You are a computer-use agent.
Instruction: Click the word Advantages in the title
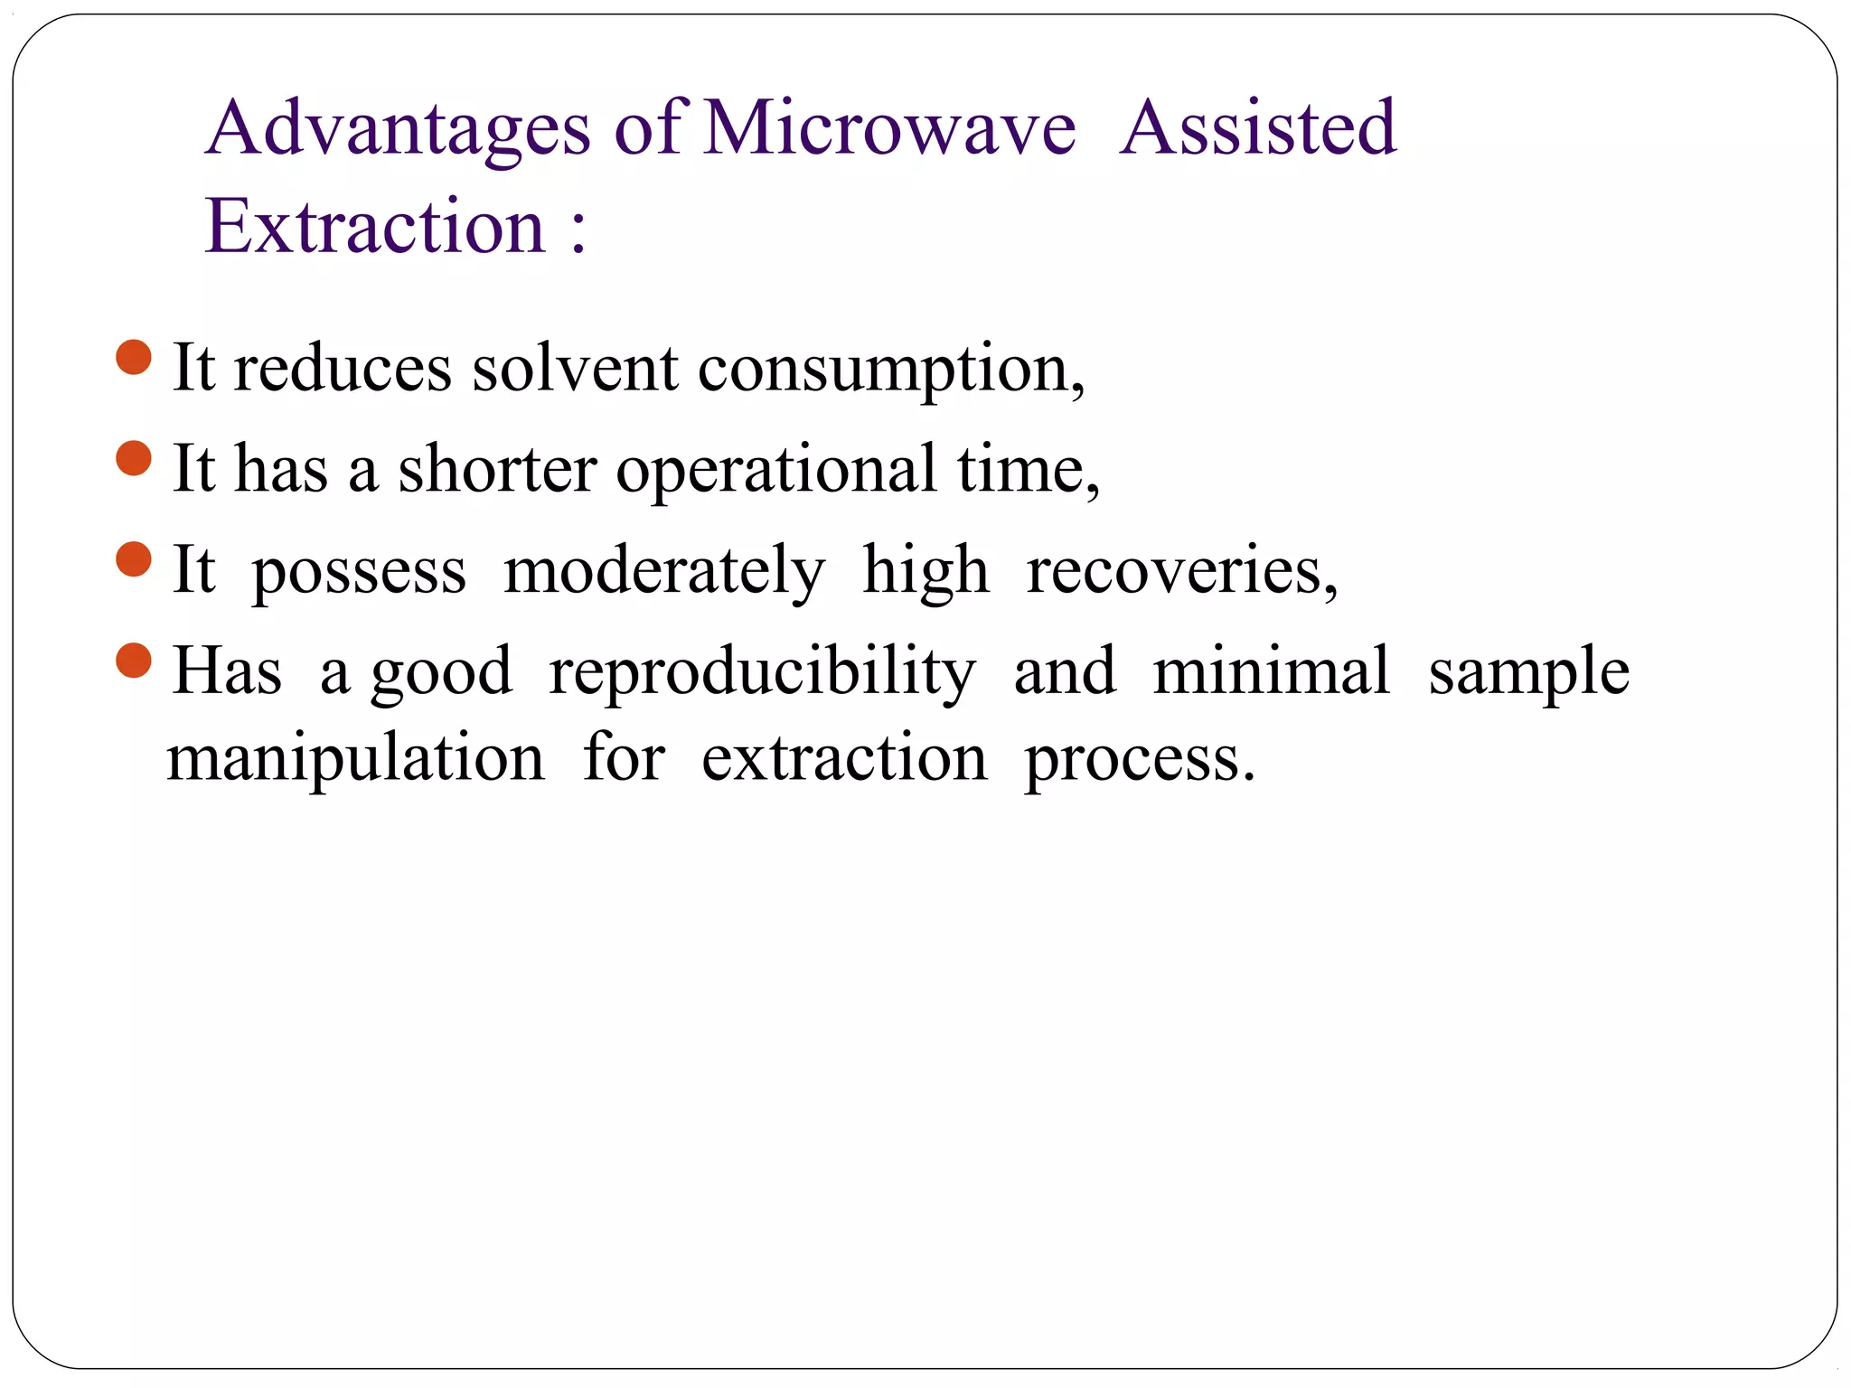tap(398, 129)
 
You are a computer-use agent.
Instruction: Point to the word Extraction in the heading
tap(375, 226)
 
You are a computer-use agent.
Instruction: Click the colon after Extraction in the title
tap(578, 230)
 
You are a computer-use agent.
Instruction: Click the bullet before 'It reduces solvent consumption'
tap(134, 357)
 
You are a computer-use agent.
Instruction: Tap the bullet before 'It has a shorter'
tap(134, 458)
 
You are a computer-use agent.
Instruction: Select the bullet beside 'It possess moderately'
tap(134, 558)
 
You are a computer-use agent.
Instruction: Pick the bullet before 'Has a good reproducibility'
tap(134, 660)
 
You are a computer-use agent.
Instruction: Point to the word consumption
tap(889, 370)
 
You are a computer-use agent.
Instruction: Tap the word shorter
tap(497, 469)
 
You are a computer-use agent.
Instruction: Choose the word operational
tap(776, 471)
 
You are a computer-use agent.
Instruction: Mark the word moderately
tap(664, 572)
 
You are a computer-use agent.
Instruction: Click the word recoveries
tap(1179, 572)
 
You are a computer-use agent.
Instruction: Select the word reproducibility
tap(762, 673)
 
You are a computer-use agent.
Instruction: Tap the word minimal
tap(1271, 671)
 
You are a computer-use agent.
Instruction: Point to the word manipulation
tap(356, 759)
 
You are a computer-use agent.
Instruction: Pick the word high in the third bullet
tap(925, 572)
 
